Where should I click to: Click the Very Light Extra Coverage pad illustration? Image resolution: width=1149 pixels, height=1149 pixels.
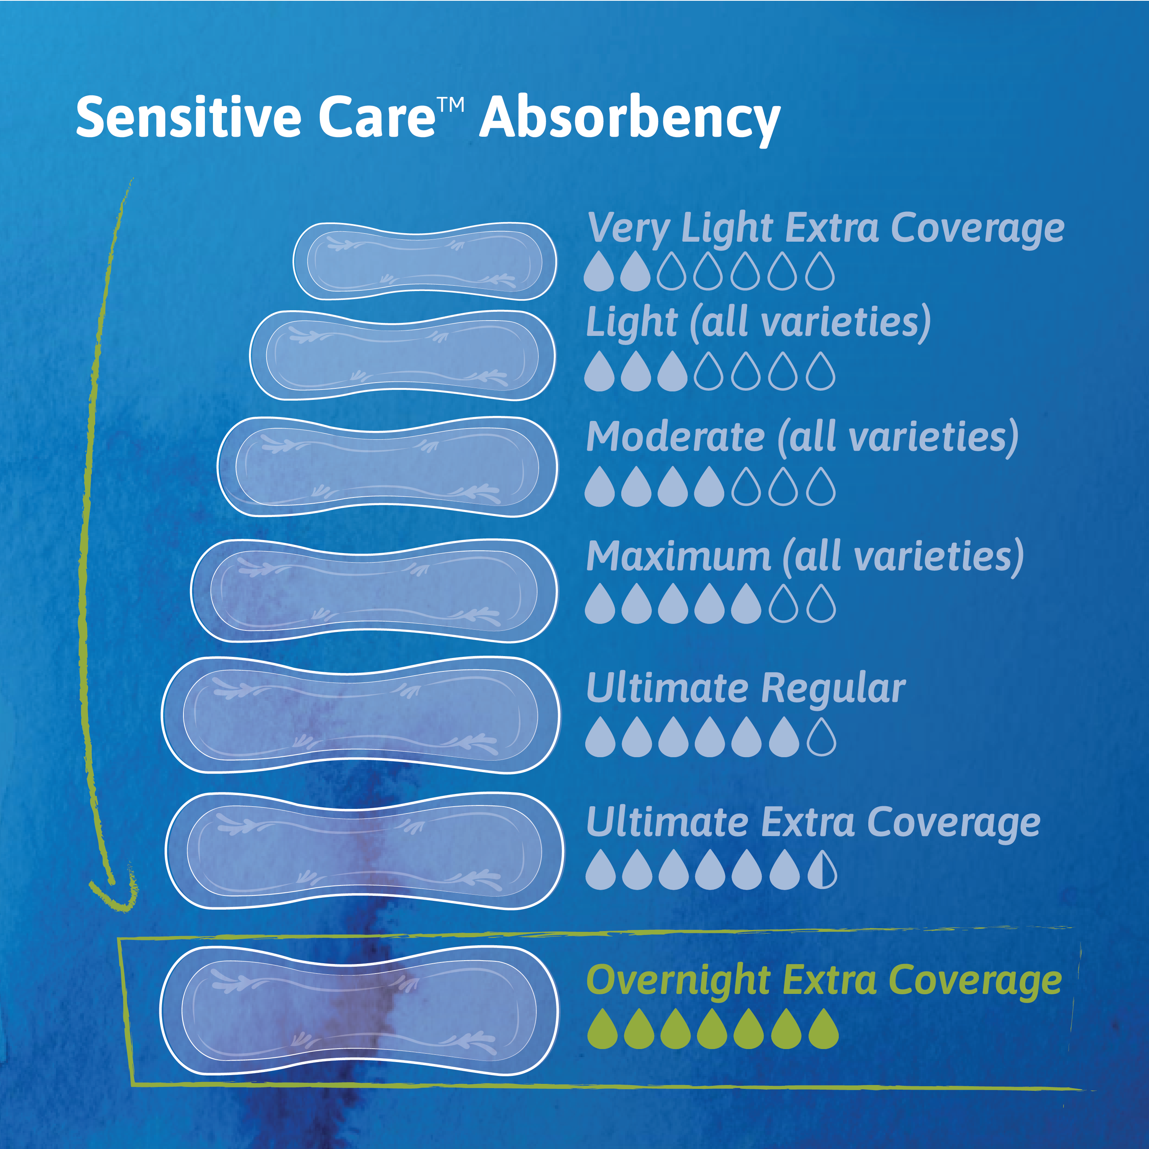tap(425, 261)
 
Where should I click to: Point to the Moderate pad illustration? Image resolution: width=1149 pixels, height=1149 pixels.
tap(387, 467)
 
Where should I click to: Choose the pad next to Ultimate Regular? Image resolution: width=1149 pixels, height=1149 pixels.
tap(360, 715)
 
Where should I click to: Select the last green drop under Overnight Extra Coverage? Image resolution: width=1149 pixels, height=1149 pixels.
tap(823, 1029)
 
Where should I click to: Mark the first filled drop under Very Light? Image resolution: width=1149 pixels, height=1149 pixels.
tap(598, 272)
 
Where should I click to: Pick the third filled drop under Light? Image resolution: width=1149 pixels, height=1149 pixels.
tap(672, 373)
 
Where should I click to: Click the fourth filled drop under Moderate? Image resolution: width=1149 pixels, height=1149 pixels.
tap(709, 488)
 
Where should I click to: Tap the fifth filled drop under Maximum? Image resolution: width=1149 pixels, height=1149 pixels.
tap(746, 605)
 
